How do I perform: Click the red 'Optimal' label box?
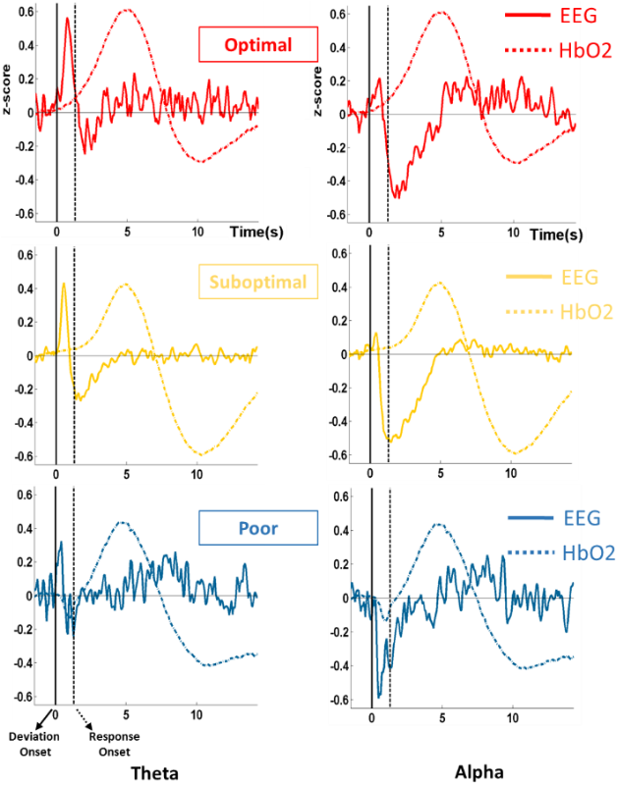coord(258,45)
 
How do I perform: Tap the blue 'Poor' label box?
coord(258,528)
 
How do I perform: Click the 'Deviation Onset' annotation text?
coord(29,737)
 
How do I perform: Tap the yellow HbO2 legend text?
coord(586,312)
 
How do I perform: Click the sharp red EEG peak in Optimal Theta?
coord(67,19)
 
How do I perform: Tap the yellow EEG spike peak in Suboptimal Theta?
coord(64,285)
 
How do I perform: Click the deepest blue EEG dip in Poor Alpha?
coord(380,695)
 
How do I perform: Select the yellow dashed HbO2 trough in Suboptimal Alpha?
coord(513,453)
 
